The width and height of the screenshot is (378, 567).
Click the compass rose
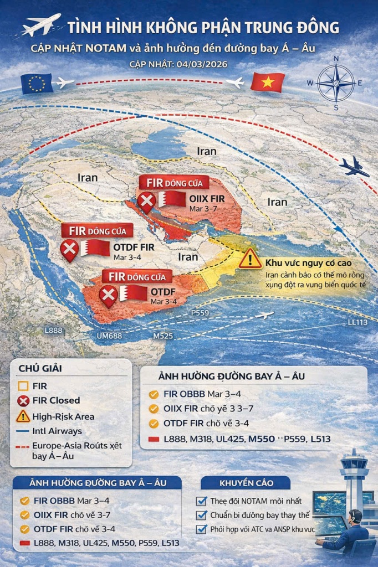click(x=335, y=83)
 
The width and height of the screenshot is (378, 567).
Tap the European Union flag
click(x=37, y=83)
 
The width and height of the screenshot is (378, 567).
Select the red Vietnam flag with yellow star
click(x=267, y=83)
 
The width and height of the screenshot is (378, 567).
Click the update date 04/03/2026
click(x=190, y=64)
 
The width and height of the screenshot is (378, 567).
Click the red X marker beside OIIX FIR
click(x=147, y=202)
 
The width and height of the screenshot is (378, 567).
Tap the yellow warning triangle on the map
click(x=251, y=259)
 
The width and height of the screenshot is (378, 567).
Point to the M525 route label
click(x=163, y=336)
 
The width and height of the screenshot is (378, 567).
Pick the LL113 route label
click(x=358, y=323)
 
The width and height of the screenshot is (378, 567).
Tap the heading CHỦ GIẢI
click(x=40, y=368)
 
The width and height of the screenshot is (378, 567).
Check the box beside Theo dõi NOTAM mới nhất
click(x=202, y=501)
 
